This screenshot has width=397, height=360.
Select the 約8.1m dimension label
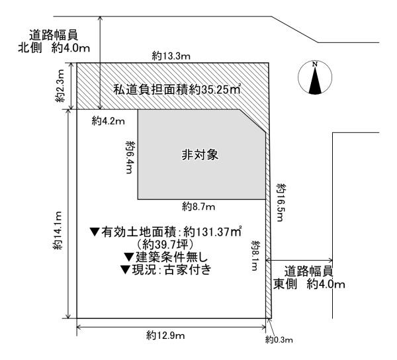pos(256,255)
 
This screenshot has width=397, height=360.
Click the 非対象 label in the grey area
pos(200,156)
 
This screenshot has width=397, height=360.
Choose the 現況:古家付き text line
pos(166,270)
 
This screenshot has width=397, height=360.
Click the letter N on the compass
pos(315,64)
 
